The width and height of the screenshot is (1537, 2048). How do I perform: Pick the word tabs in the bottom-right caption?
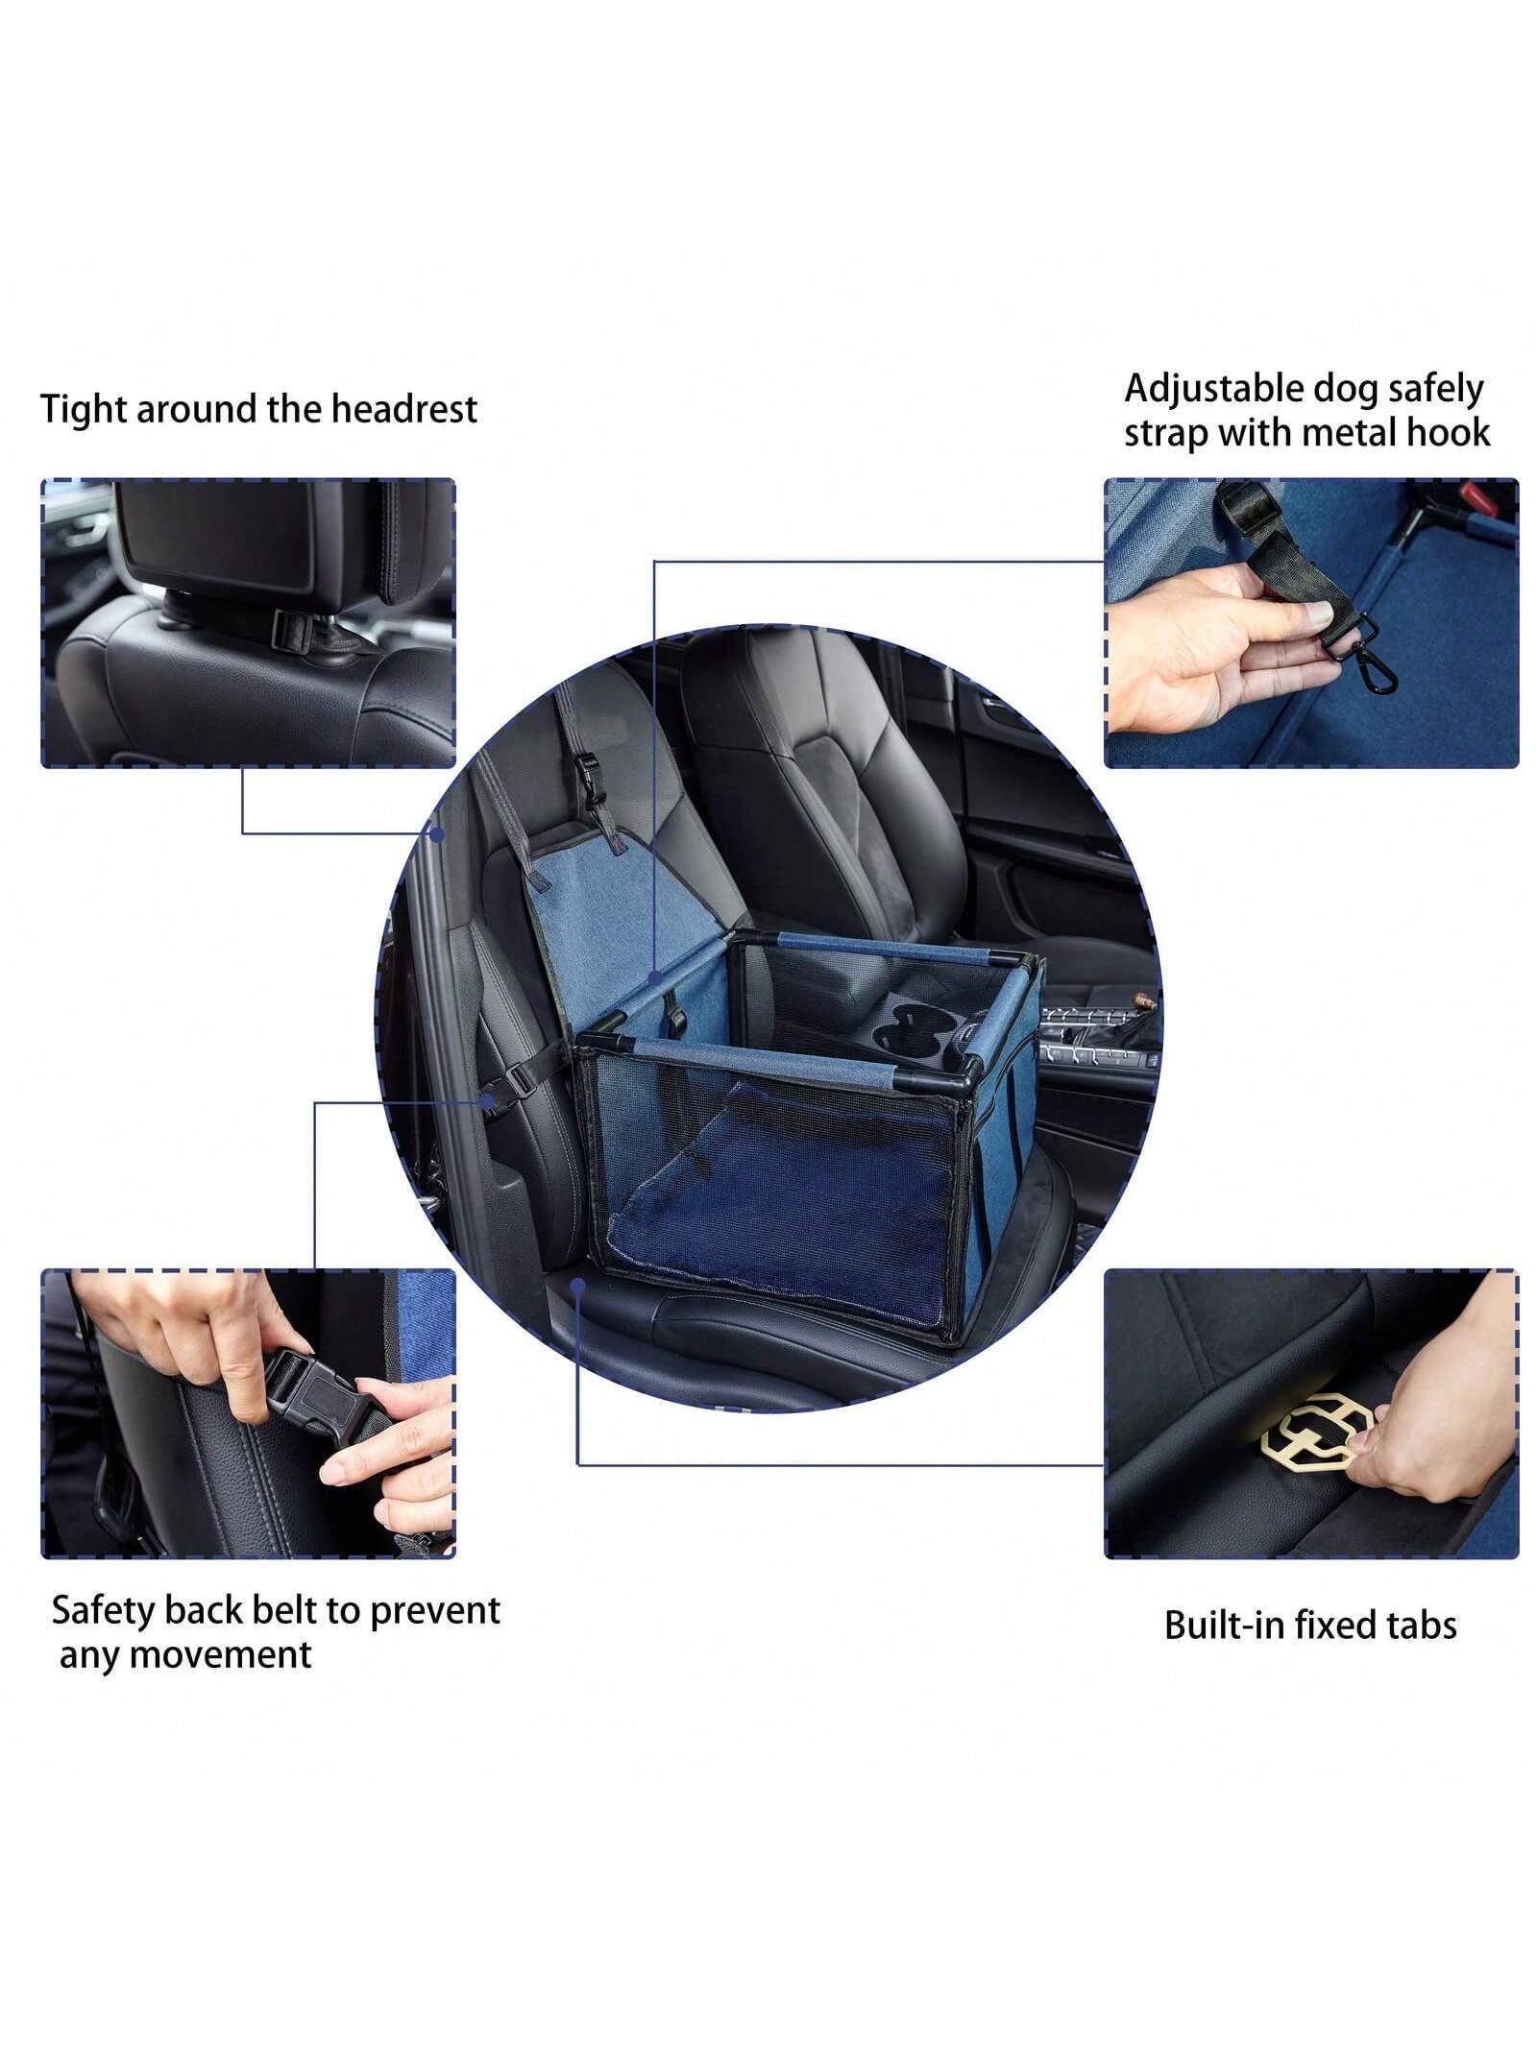coord(1421,1626)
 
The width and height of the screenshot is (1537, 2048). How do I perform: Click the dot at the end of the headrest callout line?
coord(436,834)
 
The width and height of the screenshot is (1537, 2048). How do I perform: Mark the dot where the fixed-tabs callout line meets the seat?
coord(577,1284)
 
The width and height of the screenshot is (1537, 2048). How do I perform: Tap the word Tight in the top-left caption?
coord(84,409)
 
